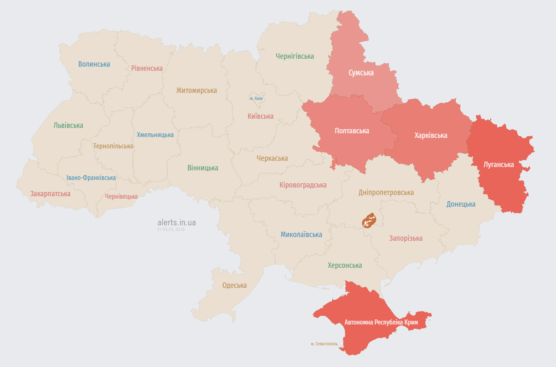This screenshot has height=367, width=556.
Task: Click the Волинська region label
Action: coord(94,64)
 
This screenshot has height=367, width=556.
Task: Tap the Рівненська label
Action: coord(147,68)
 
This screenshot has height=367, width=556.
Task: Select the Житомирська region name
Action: coord(196,90)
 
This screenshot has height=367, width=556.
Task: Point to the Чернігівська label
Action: coord(295,56)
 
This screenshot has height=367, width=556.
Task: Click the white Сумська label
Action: coord(361,73)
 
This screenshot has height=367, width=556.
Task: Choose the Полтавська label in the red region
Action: coord(352,131)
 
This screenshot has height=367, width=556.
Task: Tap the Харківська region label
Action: coord(431,135)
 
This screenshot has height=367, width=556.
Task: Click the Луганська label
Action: coord(499,165)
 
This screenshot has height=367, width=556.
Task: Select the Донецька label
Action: coord(461,204)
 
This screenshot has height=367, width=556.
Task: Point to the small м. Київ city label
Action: coord(256,98)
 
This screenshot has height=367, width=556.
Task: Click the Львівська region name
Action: coord(68,125)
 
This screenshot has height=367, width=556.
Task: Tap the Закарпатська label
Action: coord(50,194)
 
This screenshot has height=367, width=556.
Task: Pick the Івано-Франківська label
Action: coord(91,178)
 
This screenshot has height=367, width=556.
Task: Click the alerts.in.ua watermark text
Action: coord(176,222)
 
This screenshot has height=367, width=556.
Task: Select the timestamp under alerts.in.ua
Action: coord(171,230)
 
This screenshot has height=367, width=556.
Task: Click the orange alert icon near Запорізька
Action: coord(368,221)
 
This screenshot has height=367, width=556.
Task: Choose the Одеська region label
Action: coord(234,285)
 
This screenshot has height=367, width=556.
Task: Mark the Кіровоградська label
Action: coord(303,185)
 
